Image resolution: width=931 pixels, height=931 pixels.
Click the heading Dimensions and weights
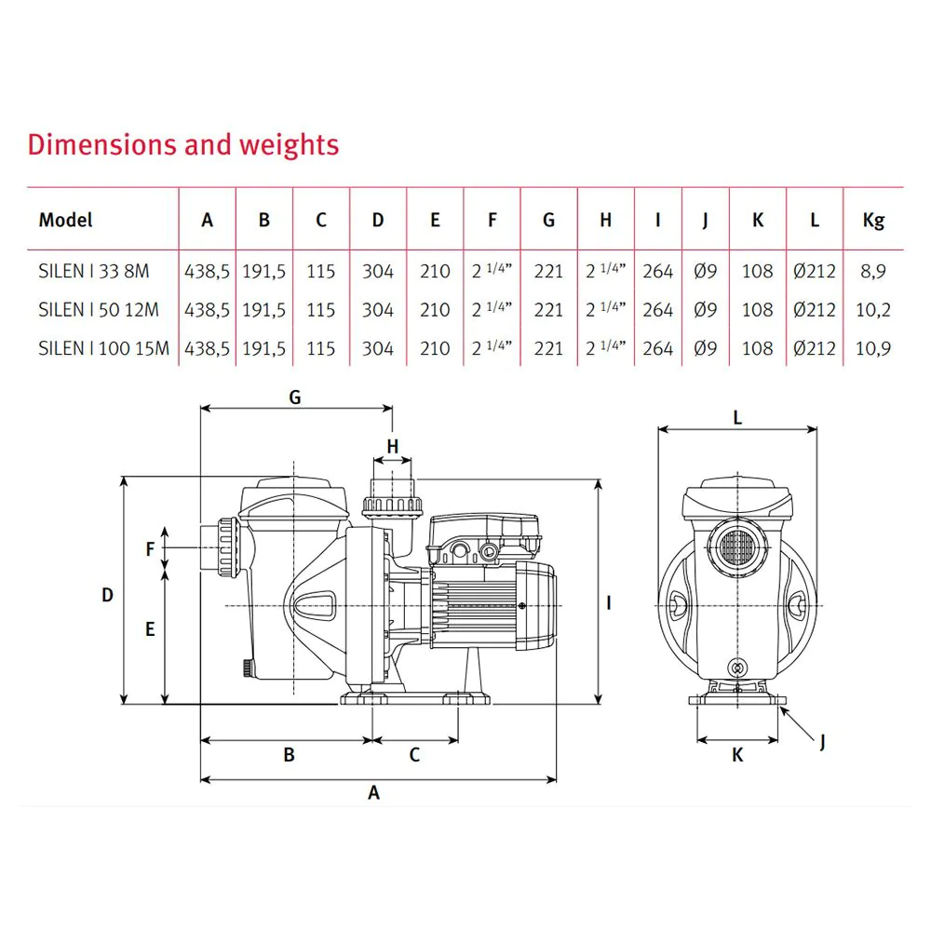[183, 145]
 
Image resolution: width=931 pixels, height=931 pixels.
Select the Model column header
[66, 221]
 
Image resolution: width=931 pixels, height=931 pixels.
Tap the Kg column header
[873, 221]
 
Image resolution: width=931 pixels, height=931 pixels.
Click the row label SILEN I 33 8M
[94, 272]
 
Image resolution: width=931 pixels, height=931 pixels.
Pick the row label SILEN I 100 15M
[104, 348]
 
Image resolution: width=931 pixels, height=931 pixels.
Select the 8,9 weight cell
[873, 272]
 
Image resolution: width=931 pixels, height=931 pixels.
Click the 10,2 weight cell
[873, 310]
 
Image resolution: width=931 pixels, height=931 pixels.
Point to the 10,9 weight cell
[873, 348]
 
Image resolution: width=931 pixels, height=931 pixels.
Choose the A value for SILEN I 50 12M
[208, 310]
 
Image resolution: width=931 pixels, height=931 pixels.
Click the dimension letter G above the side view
[295, 398]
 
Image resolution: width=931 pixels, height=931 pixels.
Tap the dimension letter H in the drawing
[393, 446]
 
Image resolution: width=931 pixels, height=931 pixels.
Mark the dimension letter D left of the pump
[107, 594]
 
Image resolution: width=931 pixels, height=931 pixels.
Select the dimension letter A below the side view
[374, 793]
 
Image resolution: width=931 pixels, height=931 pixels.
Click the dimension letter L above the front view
[737, 418]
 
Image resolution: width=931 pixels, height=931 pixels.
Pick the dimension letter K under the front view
[737, 755]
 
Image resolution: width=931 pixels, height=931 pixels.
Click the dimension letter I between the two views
[608, 603]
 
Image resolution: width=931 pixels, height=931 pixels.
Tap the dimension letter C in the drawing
[415, 755]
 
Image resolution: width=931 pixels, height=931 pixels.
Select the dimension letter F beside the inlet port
[150, 549]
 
